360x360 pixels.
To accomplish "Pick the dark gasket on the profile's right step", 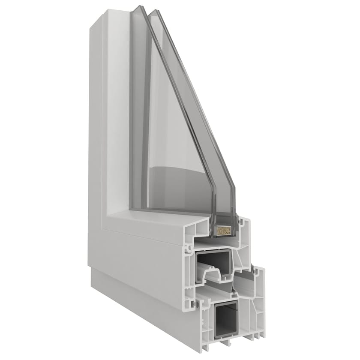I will (x=253, y=270).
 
